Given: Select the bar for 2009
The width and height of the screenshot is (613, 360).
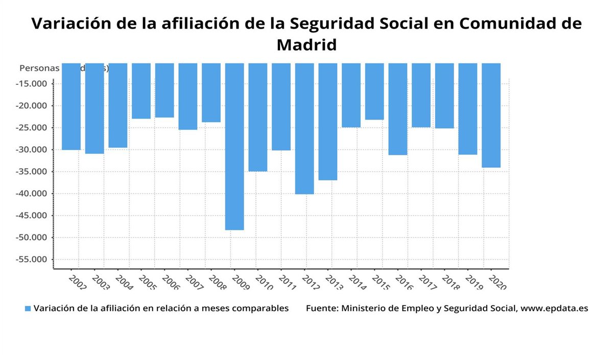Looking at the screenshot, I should (234, 147).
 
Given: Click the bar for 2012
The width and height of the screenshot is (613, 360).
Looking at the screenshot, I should (304, 129).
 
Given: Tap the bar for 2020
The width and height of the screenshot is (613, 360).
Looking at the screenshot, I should (491, 115).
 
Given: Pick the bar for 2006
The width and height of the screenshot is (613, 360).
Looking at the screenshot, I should (164, 90).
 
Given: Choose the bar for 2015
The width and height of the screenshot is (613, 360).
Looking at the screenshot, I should (374, 91).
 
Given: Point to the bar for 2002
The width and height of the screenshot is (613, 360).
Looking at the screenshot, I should (71, 107).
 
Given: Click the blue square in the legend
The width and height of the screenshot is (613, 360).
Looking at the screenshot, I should (28, 308).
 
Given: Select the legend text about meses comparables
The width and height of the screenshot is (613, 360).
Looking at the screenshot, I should (161, 308).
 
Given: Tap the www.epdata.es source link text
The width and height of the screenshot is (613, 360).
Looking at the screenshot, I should (554, 308).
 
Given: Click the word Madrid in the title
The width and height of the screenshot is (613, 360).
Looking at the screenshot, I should (306, 44).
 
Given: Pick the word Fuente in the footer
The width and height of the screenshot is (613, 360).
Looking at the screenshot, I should (321, 308).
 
